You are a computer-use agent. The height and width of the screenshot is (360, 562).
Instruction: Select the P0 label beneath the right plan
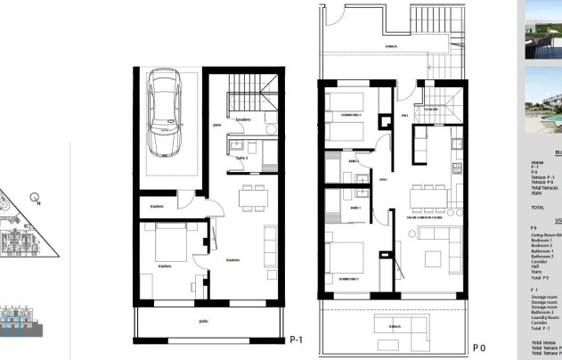coord(478,348)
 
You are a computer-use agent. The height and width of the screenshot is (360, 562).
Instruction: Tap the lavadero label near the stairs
coord(241,119)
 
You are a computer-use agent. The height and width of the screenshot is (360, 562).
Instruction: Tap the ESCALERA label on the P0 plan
coord(430,110)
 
